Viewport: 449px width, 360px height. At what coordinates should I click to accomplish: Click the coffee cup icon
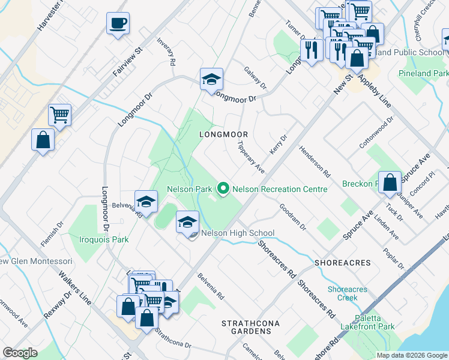[118, 23]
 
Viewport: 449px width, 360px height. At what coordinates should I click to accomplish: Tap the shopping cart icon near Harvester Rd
[60, 114]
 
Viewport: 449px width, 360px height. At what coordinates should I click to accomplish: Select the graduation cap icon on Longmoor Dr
[211, 79]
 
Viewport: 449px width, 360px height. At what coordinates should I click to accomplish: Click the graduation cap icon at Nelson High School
[187, 221]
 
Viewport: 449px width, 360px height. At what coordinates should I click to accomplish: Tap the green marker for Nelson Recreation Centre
[223, 189]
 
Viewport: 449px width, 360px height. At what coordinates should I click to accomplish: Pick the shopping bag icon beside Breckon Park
[390, 183]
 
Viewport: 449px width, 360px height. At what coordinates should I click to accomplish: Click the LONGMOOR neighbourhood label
[223, 134]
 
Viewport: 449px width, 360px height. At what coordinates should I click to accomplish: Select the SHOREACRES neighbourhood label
[342, 263]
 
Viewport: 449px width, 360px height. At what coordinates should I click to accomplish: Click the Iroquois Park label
[104, 239]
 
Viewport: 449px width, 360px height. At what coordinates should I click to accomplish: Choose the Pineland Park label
[423, 73]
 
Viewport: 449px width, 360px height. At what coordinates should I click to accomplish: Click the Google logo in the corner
[20, 353]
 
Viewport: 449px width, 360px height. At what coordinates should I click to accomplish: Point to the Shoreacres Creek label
[343, 293]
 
